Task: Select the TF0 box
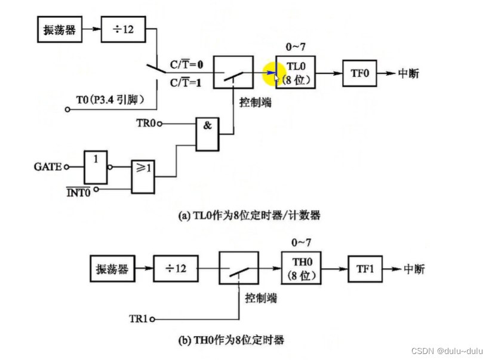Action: coord(359,73)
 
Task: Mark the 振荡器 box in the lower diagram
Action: coord(112,269)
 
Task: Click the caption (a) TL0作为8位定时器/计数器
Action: coord(249,216)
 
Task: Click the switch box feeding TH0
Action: coord(239,269)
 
